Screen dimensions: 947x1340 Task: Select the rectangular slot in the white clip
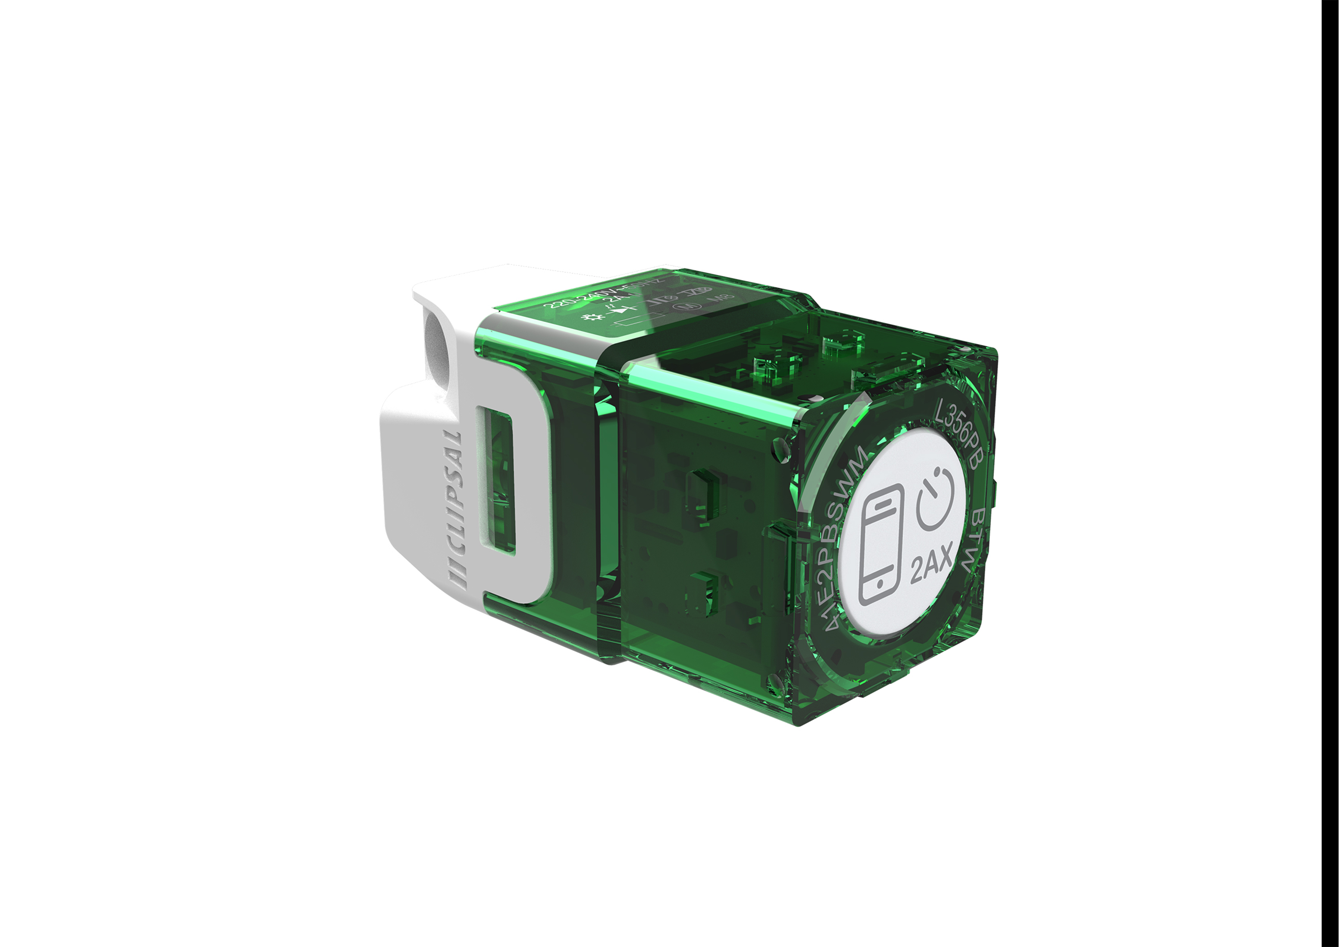(x=495, y=482)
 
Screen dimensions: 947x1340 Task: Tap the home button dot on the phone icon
(x=880, y=584)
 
